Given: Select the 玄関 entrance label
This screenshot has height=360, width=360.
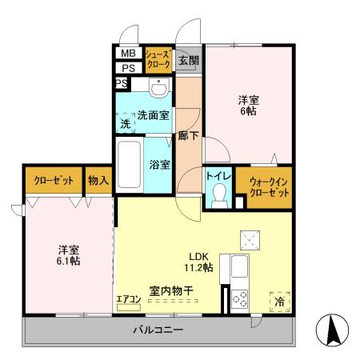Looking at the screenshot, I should pos(188,60).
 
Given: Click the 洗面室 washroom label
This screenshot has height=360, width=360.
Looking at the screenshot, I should pos(153,114).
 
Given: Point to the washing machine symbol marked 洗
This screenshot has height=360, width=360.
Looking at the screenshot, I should pos(126,124).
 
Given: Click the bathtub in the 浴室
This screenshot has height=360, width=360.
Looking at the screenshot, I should pos(130,166).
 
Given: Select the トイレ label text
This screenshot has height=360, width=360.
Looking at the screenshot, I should pos(219,174).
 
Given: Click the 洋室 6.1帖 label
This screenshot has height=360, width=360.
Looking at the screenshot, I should pos(67,254).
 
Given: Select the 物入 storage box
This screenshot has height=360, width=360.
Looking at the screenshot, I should pos(98,181).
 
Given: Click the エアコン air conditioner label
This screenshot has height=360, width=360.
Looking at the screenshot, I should pos(128,299).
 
